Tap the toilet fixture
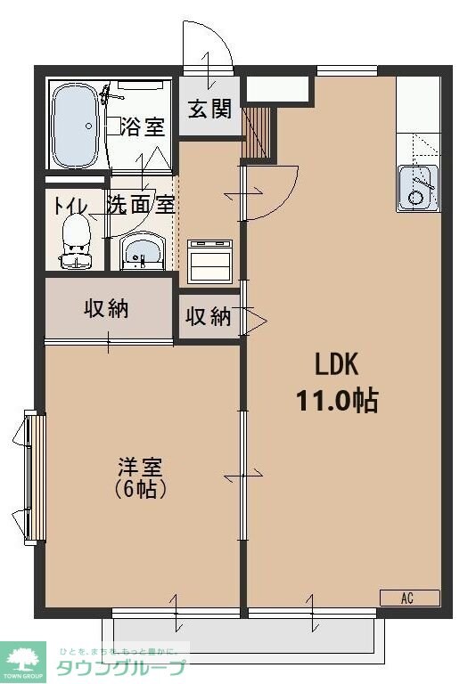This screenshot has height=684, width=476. (x=77, y=240)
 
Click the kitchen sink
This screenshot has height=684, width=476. (x=417, y=187)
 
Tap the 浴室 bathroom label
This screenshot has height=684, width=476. (x=142, y=126)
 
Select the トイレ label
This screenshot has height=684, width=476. (x=70, y=204)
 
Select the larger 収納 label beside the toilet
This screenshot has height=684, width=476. (x=107, y=308)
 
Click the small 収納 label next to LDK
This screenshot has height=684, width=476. (x=209, y=316)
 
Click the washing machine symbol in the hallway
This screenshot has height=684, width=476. (x=209, y=260)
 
